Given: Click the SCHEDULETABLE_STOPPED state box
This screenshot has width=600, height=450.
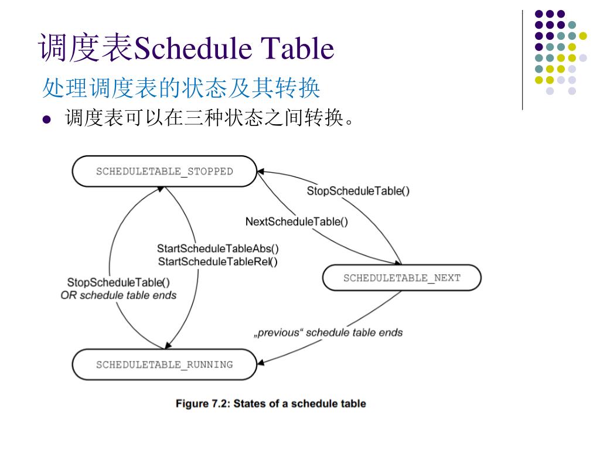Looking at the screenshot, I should [164, 172].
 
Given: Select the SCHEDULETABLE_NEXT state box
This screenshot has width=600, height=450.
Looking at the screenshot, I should [402, 278].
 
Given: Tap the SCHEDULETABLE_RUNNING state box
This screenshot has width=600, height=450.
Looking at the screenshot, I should [164, 364].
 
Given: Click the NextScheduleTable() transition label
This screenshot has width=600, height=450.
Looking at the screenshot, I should [296, 221].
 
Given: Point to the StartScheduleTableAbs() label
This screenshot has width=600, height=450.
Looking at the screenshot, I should [218, 248].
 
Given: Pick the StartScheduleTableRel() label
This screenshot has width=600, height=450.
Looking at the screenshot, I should [218, 262].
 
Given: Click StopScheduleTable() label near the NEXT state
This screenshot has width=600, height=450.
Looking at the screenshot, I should [358, 191].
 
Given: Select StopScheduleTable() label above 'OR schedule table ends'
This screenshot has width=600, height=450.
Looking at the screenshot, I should [118, 282].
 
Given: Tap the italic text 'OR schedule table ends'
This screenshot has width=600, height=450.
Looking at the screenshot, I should [118, 295].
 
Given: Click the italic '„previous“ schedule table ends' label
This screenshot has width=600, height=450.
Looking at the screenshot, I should [328, 333].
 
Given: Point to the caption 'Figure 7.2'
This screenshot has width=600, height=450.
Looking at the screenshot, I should [271, 404].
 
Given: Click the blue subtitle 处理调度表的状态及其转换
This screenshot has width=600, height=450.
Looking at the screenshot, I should [181, 88].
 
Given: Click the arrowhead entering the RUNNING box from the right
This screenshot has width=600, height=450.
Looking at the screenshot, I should [261, 362].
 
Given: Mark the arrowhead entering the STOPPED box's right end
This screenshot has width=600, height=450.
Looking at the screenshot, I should [261, 172].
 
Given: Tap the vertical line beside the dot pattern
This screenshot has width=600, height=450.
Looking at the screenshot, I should [521, 59].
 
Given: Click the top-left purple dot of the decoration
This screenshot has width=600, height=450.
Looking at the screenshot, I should [538, 13].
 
